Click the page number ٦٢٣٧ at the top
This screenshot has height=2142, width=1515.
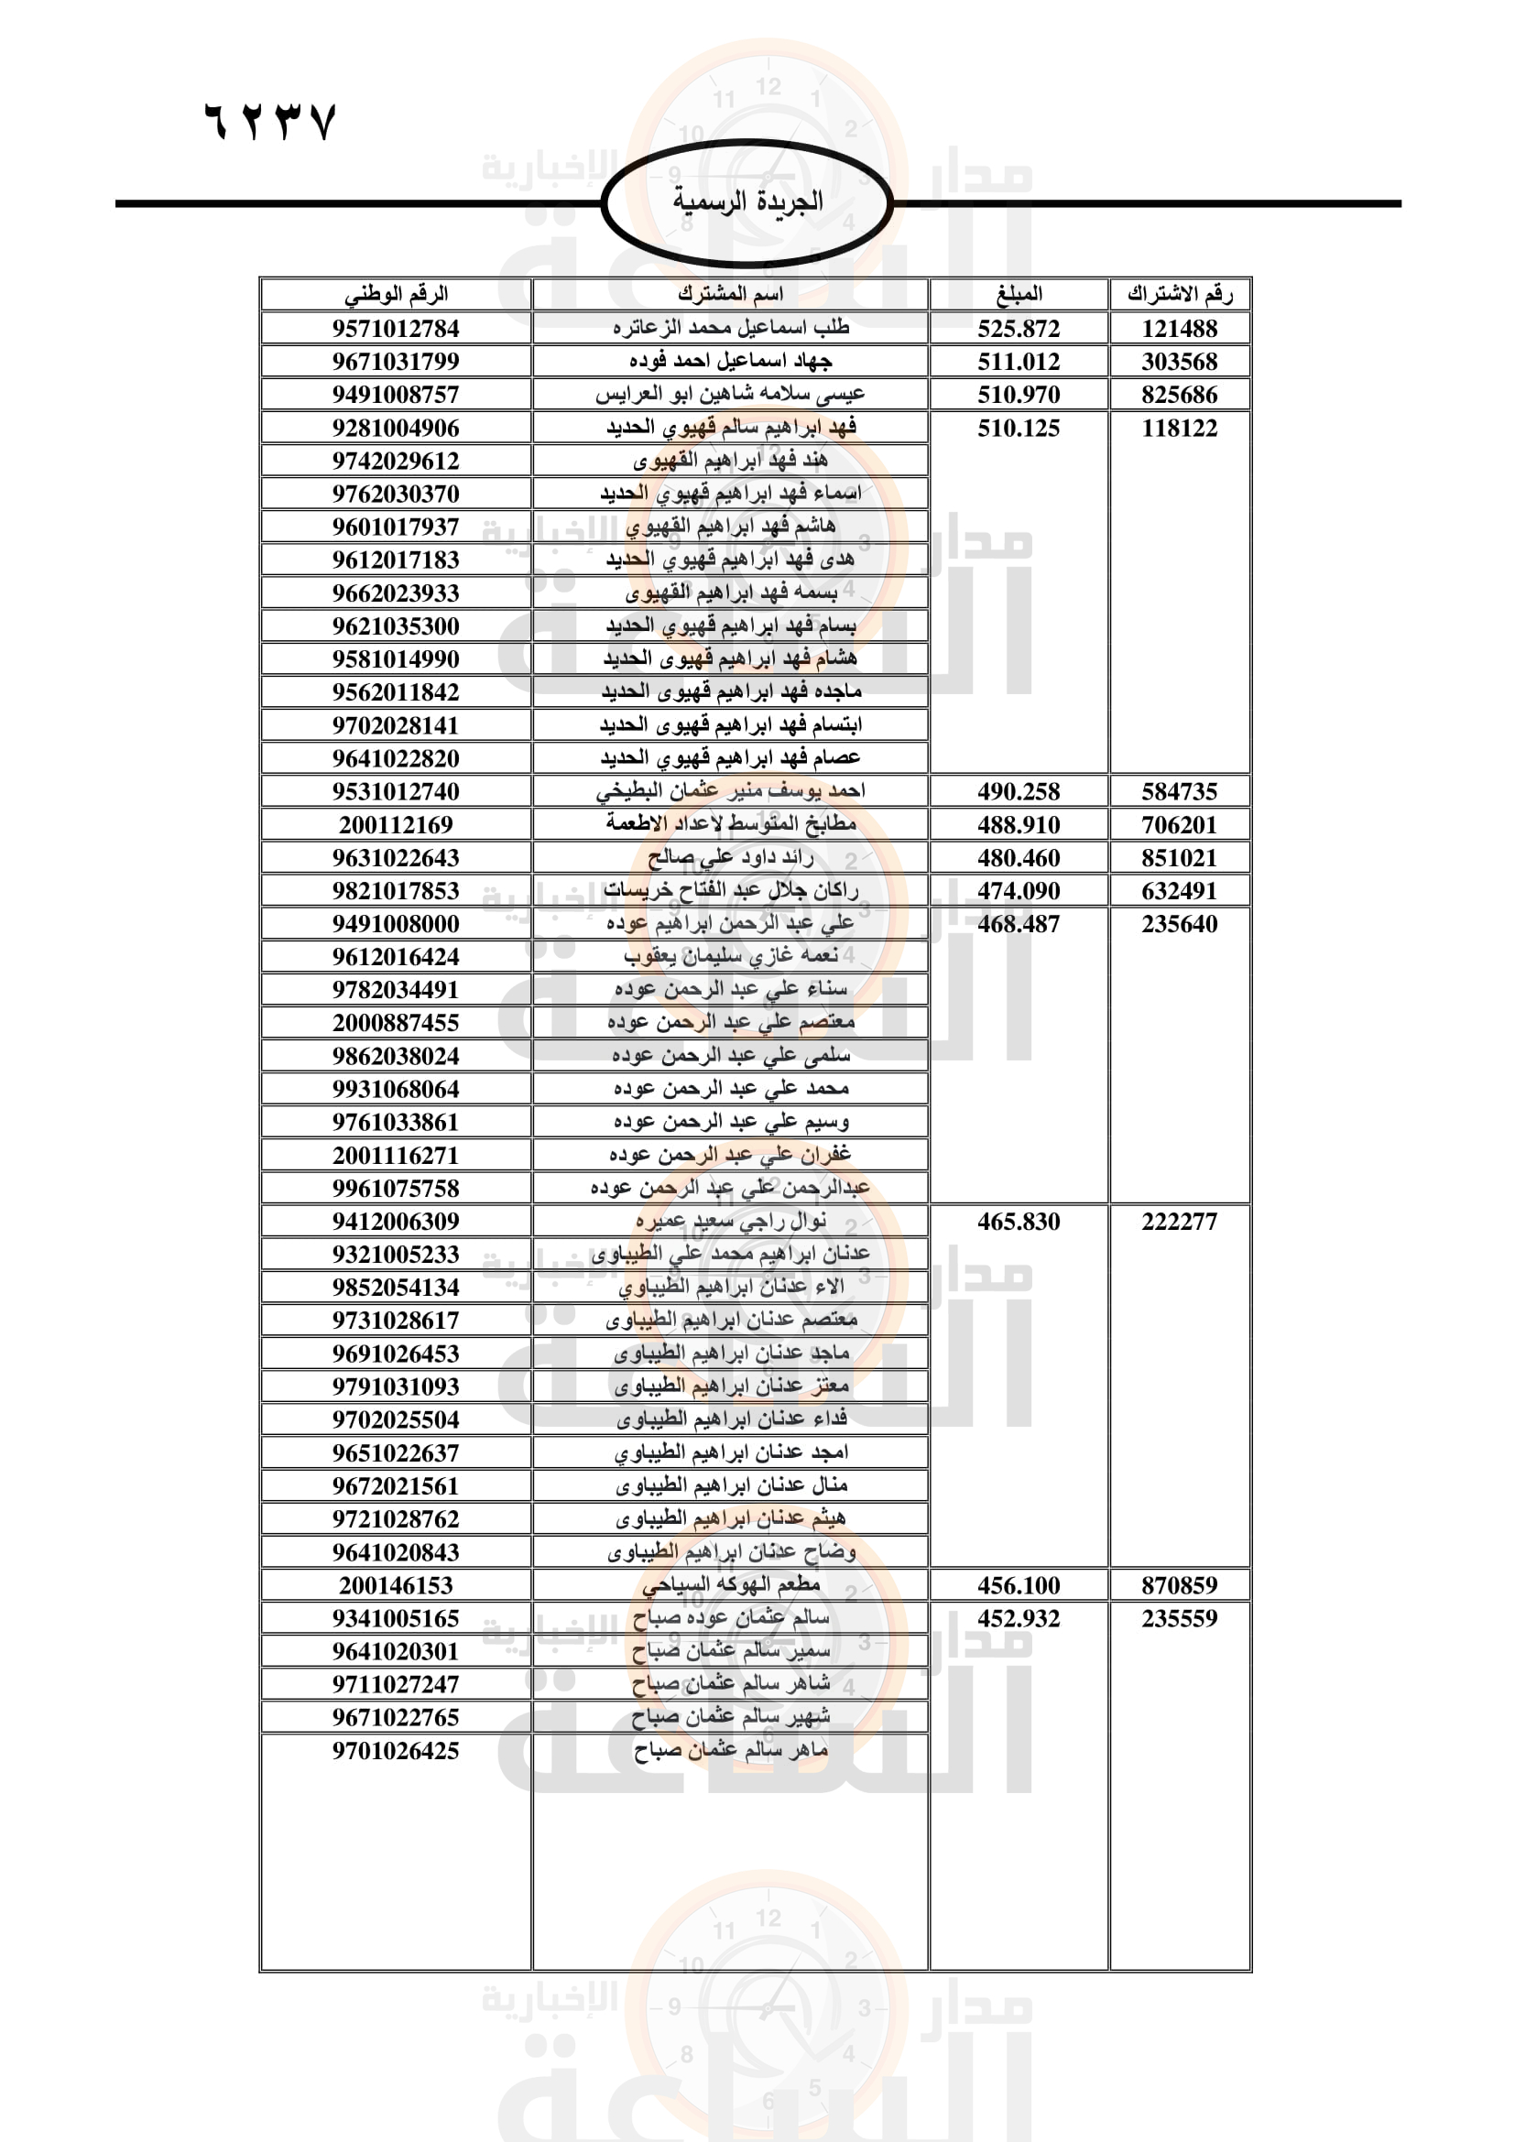pos(268,122)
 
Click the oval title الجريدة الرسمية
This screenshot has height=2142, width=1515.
pos(747,201)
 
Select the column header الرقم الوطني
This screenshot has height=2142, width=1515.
pos(396,294)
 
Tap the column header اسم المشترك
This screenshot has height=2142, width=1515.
pos(730,294)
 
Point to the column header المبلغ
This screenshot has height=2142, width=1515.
pos(1019,294)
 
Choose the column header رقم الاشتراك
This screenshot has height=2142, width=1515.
pos(1179,294)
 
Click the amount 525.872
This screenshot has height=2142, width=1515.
pos(1019,329)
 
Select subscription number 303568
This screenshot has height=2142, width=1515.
pos(1179,361)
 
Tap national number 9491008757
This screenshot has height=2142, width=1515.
pos(396,395)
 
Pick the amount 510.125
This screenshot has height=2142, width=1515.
pos(1019,429)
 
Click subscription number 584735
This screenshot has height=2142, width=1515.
pos(1179,792)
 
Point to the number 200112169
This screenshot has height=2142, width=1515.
pos(396,825)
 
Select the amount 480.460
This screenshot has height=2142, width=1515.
pos(1019,857)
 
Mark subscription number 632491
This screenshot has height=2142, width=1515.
pos(1179,891)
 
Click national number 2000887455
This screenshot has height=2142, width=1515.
pos(396,1023)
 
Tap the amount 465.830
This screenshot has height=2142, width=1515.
pos(1019,1222)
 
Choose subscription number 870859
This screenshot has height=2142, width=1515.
pos(1179,1585)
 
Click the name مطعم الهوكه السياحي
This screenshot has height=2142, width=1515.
pos(730,1584)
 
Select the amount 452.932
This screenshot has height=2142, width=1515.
pos(1019,1617)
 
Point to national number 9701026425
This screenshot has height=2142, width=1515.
pos(396,1750)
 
